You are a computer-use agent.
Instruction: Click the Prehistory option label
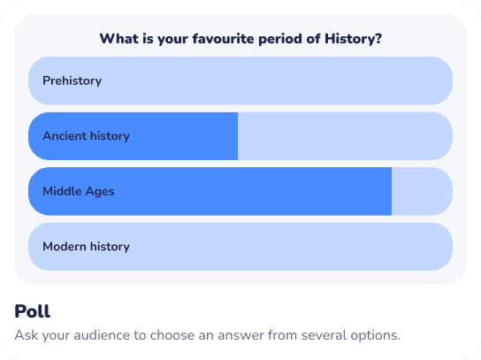pyautogui.click(x=73, y=81)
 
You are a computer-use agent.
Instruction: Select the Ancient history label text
pyautogui.click(x=86, y=136)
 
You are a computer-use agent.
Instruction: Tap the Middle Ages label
pyautogui.click(x=79, y=192)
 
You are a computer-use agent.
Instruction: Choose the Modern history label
pyautogui.click(x=86, y=247)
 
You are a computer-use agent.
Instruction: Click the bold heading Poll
pyautogui.click(x=32, y=311)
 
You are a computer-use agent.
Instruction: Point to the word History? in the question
pyautogui.click(x=353, y=39)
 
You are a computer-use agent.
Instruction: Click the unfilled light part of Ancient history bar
pyautogui.click(x=345, y=136)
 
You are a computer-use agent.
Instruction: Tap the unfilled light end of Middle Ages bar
pyautogui.click(x=422, y=191)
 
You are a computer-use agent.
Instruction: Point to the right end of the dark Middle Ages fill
pyautogui.click(x=391, y=191)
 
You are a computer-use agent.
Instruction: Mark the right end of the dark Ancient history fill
pyautogui.click(x=238, y=136)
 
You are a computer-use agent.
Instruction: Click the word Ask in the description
pyautogui.click(x=27, y=335)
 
